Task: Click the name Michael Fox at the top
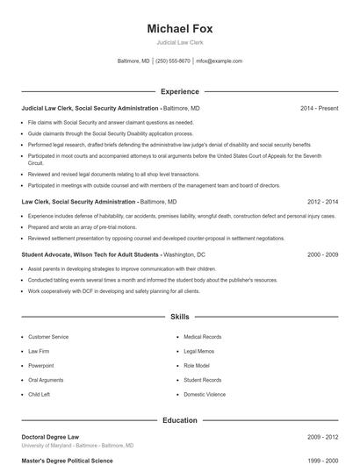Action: click(x=179, y=28)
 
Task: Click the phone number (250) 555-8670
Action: click(x=173, y=61)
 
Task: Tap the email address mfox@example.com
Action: click(x=220, y=61)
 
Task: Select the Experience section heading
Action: click(x=179, y=91)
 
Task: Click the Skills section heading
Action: click(x=179, y=316)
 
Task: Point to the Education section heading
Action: click(x=179, y=420)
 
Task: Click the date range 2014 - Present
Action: click(x=319, y=108)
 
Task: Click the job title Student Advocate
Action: click(x=41, y=254)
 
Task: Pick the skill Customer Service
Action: click(x=48, y=337)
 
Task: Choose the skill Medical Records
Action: click(x=202, y=337)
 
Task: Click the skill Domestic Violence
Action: click(x=205, y=395)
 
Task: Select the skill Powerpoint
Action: click(x=41, y=366)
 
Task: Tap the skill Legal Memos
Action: click(x=199, y=351)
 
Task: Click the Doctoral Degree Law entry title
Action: click(x=52, y=436)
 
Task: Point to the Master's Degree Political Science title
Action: click(x=67, y=460)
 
